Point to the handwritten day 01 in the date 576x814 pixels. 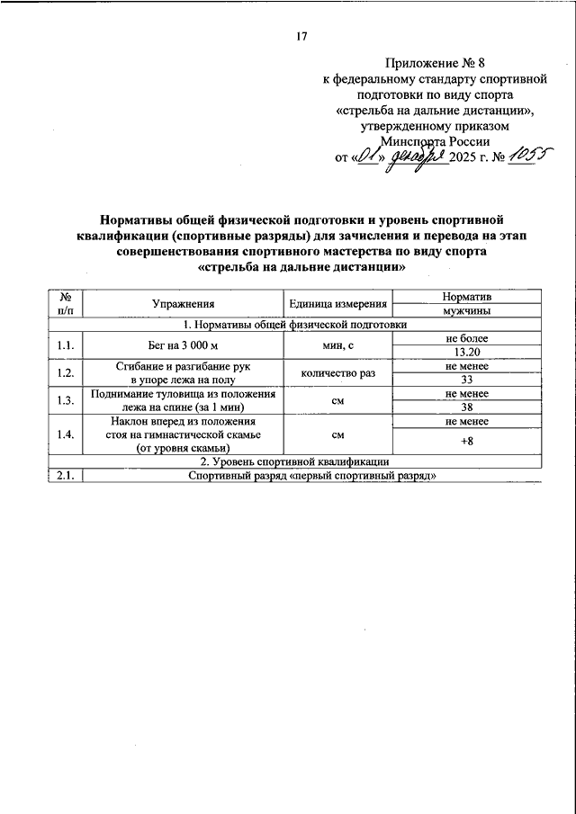[x=364, y=158]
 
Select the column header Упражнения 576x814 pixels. [x=183, y=304]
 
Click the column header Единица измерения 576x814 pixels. [x=337, y=304]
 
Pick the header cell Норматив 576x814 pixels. [x=466, y=297]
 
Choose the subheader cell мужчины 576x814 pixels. [x=466, y=311]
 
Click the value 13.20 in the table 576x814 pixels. [x=466, y=353]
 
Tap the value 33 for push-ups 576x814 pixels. [x=466, y=380]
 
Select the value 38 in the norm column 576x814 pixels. [x=466, y=407]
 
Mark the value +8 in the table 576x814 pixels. [x=466, y=441]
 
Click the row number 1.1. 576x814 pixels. [x=64, y=345]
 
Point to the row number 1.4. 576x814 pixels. [x=64, y=434]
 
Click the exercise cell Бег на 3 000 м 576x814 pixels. [x=183, y=345]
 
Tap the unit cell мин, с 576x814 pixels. [x=337, y=345]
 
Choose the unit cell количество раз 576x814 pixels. [x=337, y=372]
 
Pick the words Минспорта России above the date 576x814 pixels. [x=436, y=141]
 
